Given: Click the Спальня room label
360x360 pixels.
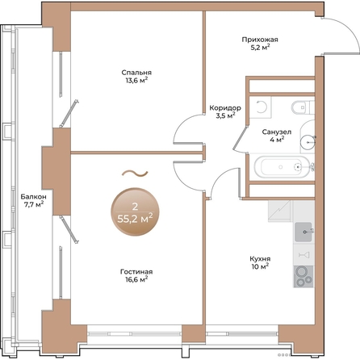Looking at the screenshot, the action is pos(136,73).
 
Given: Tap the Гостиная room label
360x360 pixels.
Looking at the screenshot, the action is pos(136,272).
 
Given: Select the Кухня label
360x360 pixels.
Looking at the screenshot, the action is pos(260,259).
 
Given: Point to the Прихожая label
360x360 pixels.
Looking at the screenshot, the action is pos(260,40).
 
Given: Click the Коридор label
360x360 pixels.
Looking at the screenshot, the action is pos(225,108).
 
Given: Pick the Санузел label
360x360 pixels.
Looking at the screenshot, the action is pos(277,132).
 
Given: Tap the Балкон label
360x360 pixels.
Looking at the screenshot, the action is pos(33,197).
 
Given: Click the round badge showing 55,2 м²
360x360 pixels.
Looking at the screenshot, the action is pos(135,212).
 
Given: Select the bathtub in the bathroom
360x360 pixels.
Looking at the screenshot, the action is pos(282,167).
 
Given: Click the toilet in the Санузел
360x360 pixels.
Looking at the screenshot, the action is pos(302,107).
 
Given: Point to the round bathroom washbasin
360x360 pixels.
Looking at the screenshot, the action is pos(308,141).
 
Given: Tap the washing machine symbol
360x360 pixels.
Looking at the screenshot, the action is pos(260,107).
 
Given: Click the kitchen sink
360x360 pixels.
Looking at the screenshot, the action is pos(303,232).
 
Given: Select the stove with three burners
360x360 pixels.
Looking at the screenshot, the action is pos(303,276).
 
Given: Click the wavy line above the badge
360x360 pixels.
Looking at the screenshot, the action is pos(135,174).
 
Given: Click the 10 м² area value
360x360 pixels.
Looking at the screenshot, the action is pos(260,266).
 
